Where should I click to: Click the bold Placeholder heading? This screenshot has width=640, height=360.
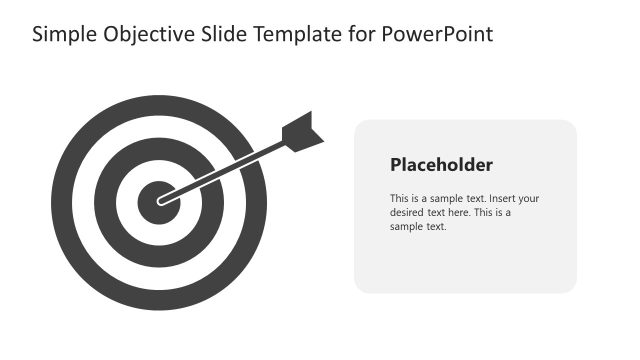click(x=441, y=165)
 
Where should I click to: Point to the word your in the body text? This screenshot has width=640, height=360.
click(x=528, y=198)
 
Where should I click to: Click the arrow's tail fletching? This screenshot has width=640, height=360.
click(x=303, y=132)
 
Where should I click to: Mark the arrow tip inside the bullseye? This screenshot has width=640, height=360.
click(x=161, y=201)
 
